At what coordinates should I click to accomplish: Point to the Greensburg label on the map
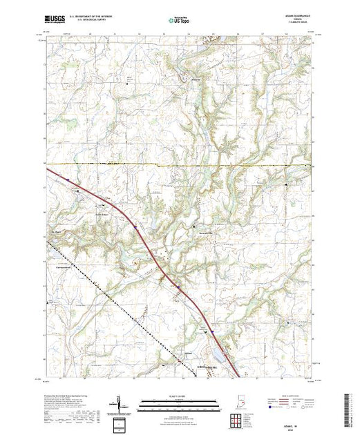(208, 367)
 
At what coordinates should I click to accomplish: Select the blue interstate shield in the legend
(269, 409)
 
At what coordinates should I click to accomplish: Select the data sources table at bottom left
(69, 418)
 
